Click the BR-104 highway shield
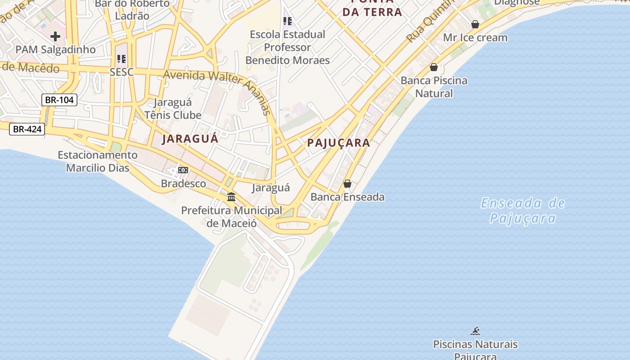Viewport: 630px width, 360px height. click(x=59, y=100)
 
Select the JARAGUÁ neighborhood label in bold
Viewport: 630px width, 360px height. click(x=190, y=139)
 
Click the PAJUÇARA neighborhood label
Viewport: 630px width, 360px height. click(x=339, y=143)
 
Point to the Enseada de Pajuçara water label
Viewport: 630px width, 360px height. click(x=522, y=211)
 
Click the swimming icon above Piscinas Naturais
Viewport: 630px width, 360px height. click(x=475, y=332)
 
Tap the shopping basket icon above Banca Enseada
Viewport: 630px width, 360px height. click(x=347, y=184)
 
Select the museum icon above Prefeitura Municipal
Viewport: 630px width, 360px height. click(x=231, y=197)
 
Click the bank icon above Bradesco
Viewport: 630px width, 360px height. click(x=183, y=170)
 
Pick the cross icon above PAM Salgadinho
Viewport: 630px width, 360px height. click(x=55, y=36)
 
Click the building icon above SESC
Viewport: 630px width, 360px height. click(x=121, y=59)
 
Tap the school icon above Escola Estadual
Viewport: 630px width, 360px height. click(x=288, y=21)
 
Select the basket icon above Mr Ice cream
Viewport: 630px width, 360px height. click(x=475, y=24)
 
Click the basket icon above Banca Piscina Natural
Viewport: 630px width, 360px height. click(x=434, y=67)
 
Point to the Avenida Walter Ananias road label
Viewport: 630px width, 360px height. click(x=218, y=90)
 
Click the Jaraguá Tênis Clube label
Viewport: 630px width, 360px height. click(x=173, y=109)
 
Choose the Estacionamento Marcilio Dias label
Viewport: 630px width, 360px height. click(x=98, y=162)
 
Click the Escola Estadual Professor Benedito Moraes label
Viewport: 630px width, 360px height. click(x=288, y=47)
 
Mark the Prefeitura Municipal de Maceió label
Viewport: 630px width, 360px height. click(x=231, y=216)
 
